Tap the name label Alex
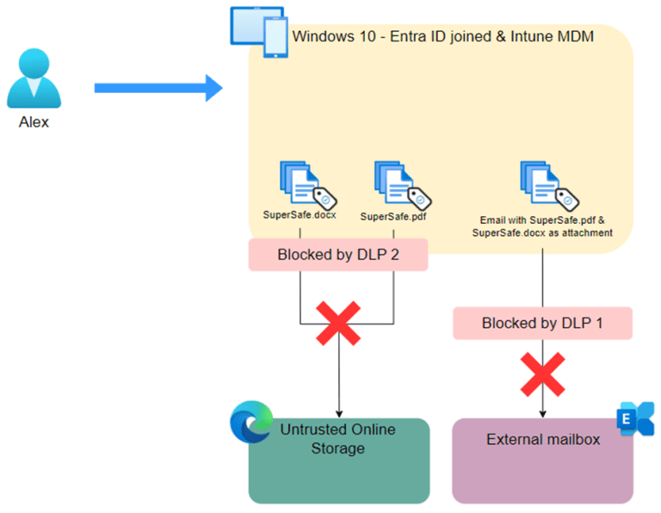click(x=34, y=122)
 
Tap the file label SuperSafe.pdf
click(x=393, y=216)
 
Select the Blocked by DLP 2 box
click(x=338, y=255)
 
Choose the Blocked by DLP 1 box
click(x=543, y=324)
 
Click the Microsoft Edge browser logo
click(x=249, y=423)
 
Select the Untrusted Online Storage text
click(x=339, y=439)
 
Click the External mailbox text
click(x=542, y=440)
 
